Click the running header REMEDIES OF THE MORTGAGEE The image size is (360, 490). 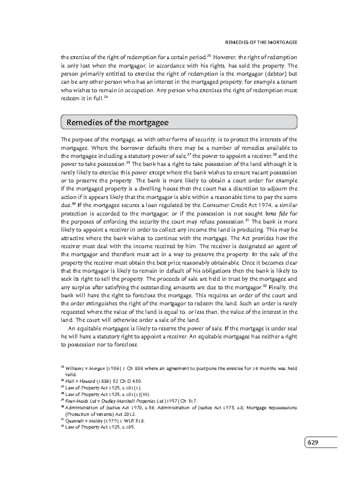click(x=261, y=42)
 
